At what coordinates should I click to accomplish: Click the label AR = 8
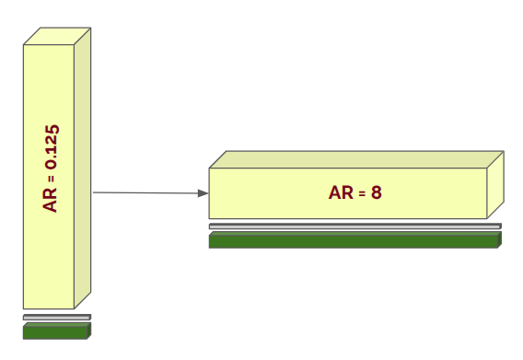click(x=355, y=193)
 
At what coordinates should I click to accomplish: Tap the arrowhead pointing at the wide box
click(x=203, y=193)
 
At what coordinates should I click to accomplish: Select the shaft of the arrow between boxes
click(x=147, y=192)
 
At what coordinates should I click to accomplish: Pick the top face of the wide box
click(x=354, y=158)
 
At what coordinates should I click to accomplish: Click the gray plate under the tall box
click(x=56, y=318)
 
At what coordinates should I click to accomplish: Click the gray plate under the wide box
click(x=354, y=226)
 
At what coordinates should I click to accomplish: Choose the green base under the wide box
click(x=354, y=240)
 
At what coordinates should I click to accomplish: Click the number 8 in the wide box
click(x=377, y=193)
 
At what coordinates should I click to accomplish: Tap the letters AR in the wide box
click(x=339, y=193)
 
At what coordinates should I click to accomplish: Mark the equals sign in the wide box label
click(x=361, y=193)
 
